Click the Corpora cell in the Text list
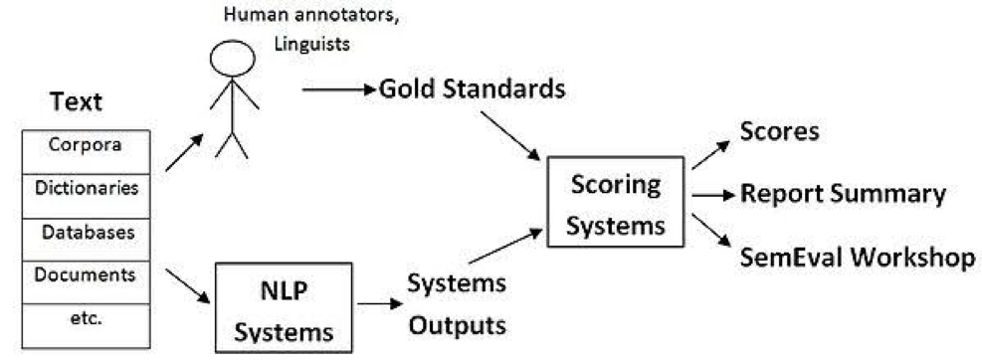(85, 145)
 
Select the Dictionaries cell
(85, 187)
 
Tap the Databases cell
(85, 231)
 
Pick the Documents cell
(85, 273)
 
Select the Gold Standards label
(473, 90)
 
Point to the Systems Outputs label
(457, 303)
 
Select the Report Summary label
(843, 194)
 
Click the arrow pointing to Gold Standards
(338, 90)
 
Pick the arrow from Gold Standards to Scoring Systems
(510, 135)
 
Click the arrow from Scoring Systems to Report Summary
(712, 195)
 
